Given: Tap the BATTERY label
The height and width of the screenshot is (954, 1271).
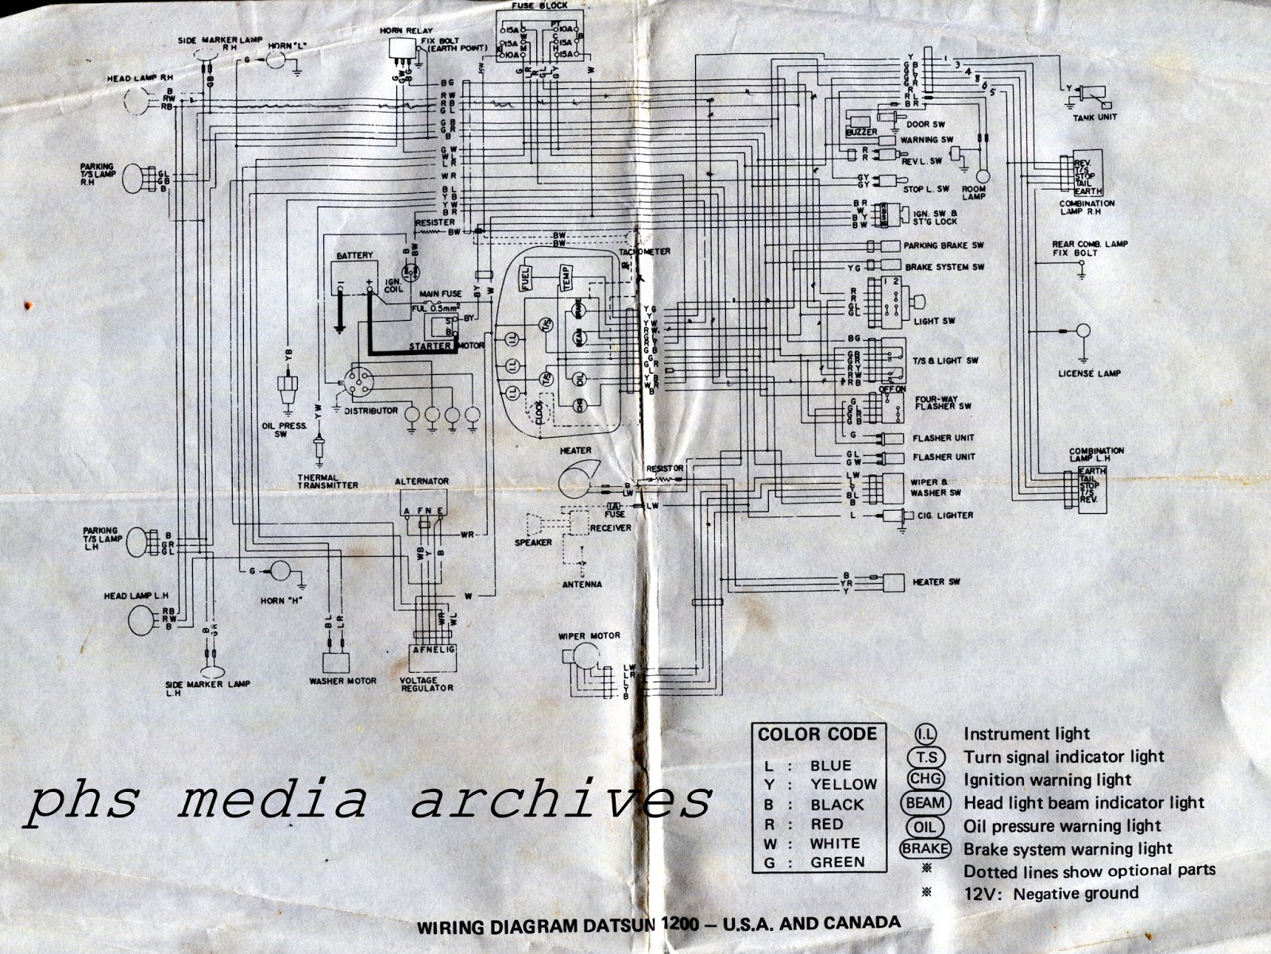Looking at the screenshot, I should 354,256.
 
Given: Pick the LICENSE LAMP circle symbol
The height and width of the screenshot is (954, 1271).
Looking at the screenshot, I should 1082,331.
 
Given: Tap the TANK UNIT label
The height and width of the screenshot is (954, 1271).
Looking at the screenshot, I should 1096,117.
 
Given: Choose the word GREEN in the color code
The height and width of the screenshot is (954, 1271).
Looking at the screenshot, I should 837,862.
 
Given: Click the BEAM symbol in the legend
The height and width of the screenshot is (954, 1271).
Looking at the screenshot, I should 925,803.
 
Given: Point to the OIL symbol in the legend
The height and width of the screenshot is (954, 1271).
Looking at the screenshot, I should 925,826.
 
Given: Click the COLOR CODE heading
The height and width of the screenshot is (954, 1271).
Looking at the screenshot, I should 817,734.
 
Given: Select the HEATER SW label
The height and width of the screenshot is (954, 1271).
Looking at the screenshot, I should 937,582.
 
